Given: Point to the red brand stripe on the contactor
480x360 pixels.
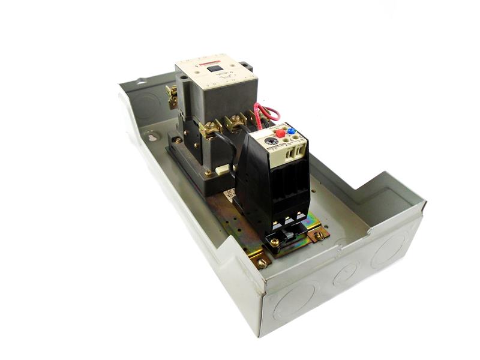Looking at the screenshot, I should coord(194,62).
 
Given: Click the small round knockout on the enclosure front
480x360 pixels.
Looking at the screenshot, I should coord(346,275).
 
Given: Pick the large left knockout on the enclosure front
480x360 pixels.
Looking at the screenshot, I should coord(296,302).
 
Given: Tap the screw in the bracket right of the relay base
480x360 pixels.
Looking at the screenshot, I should coord(319,235).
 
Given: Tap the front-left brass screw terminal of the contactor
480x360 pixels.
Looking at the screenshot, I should coord(209,128).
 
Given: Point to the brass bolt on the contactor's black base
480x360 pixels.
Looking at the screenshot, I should coord(208,173).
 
